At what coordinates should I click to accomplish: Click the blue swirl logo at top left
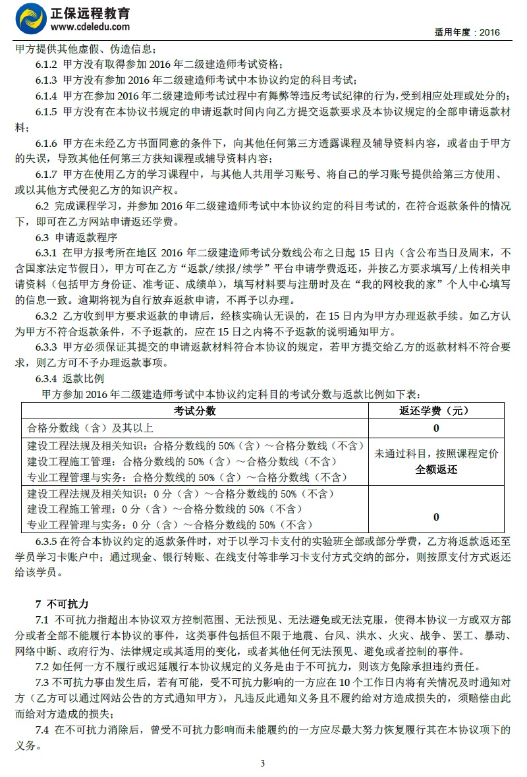pos(31,18)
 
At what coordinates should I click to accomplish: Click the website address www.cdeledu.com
pos(90,26)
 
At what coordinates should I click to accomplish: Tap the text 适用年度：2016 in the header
pos(468,32)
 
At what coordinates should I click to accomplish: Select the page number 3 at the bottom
pos(262,764)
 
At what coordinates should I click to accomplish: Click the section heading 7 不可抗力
pos(62,604)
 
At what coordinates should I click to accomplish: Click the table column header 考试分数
pos(195,411)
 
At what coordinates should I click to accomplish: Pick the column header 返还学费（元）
pos(436,411)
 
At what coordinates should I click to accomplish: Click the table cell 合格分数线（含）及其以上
pos(90,428)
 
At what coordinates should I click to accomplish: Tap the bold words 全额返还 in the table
pos(436,470)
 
